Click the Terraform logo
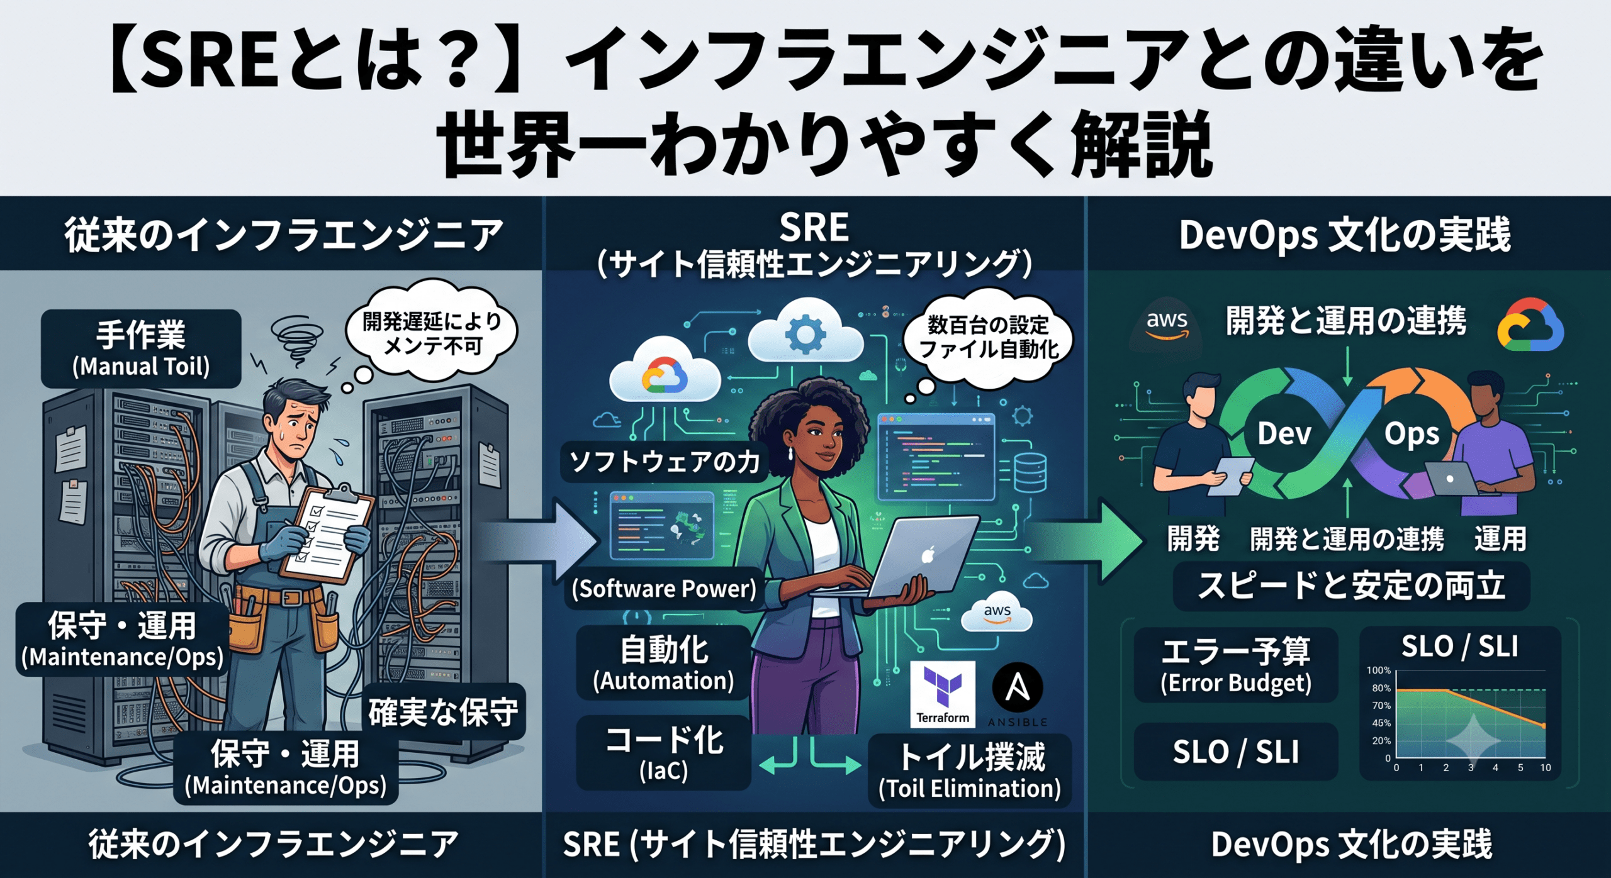click(x=943, y=694)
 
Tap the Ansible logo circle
click(x=1018, y=687)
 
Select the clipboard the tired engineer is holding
click(x=327, y=532)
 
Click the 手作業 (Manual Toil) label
click(x=141, y=348)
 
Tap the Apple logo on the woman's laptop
click(x=928, y=555)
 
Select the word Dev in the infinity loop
click(x=1284, y=433)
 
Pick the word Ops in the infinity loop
click(x=1412, y=435)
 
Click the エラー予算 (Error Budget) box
click(x=1236, y=665)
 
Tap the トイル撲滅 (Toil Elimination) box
click(x=970, y=771)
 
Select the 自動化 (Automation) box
click(x=664, y=663)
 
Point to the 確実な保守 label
click(x=444, y=711)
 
